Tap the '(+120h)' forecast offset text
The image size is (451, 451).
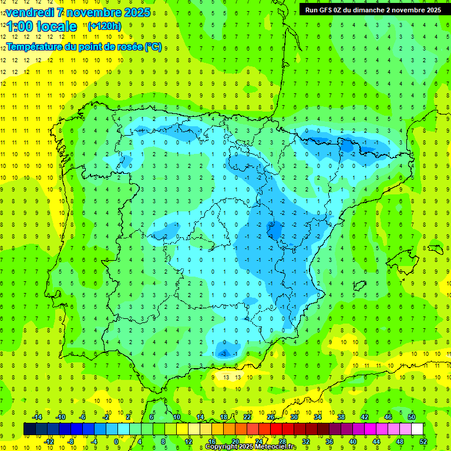pyautogui.click(x=104, y=26)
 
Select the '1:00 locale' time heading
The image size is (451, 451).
pyautogui.click(x=42, y=26)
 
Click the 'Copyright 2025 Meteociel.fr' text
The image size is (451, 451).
pyautogui.click(x=251, y=447)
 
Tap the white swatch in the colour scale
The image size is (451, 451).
pyautogui.click(x=417, y=429)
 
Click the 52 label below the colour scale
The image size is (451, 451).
pyautogui.click(x=423, y=441)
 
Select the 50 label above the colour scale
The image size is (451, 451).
pyautogui.click(x=412, y=417)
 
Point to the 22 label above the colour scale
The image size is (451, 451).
pyautogui.click(x=247, y=417)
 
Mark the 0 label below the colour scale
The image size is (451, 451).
pyautogui.click(x=116, y=441)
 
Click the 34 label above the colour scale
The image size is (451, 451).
pyautogui.click(x=318, y=417)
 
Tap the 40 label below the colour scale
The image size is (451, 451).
pyautogui.click(x=353, y=441)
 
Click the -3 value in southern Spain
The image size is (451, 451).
pyautogui.click(x=224, y=354)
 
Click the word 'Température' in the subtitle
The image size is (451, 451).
pyautogui.click(x=32, y=47)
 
